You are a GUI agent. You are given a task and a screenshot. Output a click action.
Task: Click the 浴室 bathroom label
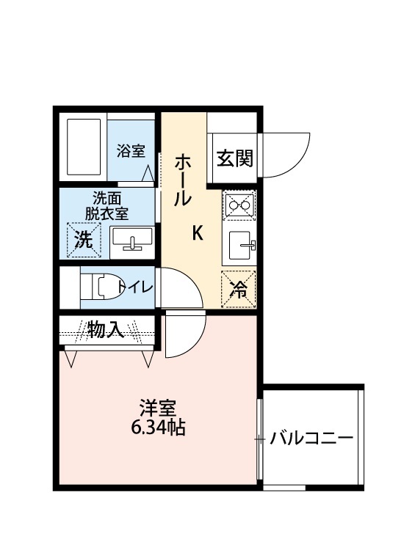131,152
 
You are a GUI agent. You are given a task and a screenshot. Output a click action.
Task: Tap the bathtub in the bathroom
82,147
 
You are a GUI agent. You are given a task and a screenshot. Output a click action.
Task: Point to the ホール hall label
183,179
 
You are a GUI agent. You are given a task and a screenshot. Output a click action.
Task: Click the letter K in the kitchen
198,233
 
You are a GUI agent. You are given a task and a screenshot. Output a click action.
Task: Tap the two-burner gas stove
239,205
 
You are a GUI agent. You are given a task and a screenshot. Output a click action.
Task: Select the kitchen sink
239,245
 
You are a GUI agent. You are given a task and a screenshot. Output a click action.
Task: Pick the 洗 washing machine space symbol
84,240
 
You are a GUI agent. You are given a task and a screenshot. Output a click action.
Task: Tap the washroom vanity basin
131,239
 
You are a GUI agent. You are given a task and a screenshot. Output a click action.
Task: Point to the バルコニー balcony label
311,440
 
